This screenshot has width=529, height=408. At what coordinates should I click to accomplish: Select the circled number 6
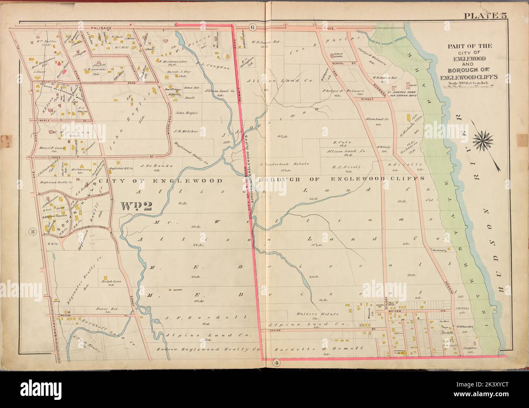coord(252,28)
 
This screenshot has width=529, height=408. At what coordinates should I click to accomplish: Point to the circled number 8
coord(31,232)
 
